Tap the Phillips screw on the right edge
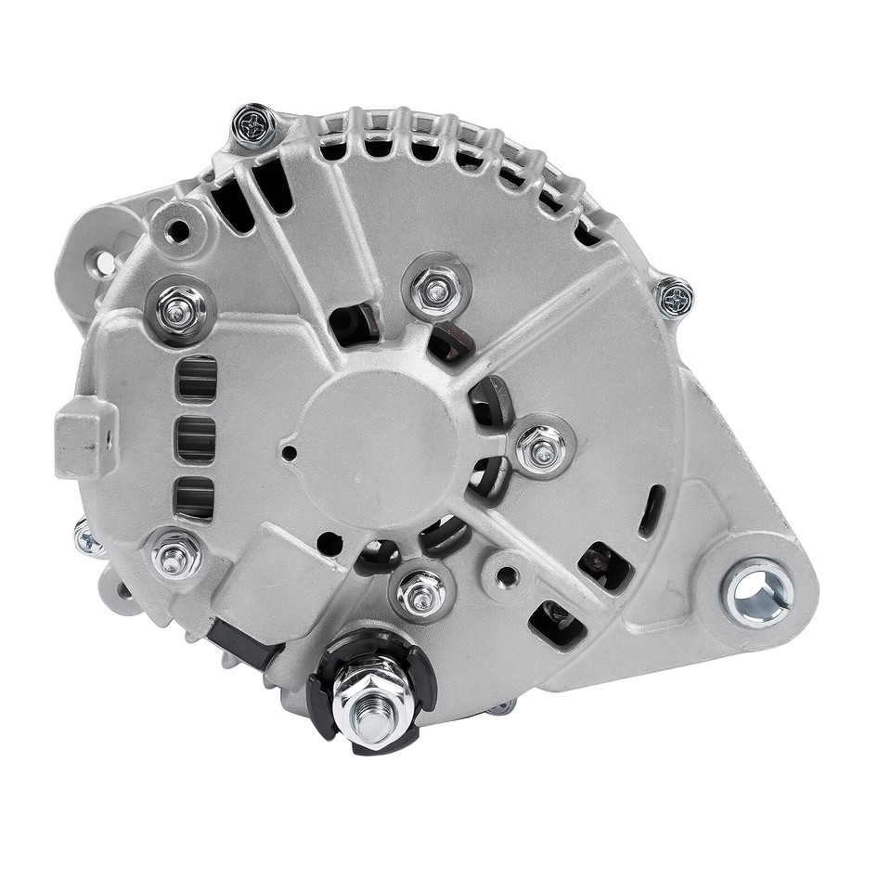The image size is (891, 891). tap(675, 298)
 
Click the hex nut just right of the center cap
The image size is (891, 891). tap(539, 448)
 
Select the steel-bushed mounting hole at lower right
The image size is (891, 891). tap(758, 590)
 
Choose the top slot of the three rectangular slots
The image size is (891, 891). tap(196, 378)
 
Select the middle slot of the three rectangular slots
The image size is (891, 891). tap(196, 438)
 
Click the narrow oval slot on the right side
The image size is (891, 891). tap(652, 510)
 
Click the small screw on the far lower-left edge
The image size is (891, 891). tap(88, 538)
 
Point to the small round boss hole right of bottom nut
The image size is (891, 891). tap(507, 576)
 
